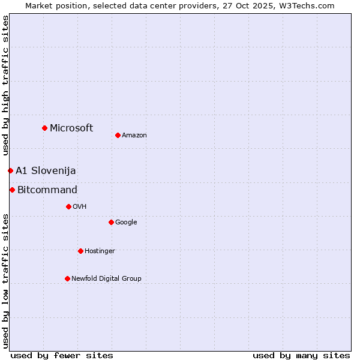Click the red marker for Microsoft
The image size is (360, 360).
pos(44,128)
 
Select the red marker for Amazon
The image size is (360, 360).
pos(118,135)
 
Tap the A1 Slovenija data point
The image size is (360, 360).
pos(10,170)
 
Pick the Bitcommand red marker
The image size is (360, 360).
pos(12,190)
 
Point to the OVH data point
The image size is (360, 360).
pos(68,206)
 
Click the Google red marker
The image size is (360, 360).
pos(111,222)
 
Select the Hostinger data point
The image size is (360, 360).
pos(80,251)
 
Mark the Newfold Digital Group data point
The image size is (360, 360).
pos(67,278)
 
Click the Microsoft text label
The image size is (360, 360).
pos(71,128)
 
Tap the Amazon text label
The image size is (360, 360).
pos(134,136)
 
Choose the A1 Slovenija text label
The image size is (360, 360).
pos(46,171)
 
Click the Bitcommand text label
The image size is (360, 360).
pos(47,190)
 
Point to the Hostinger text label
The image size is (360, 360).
pos(100,251)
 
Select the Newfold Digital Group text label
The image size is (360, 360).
pos(106,278)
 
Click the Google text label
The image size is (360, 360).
pos(126,223)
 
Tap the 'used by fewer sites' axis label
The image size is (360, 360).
pos(62,355)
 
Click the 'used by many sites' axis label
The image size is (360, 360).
pos(301,355)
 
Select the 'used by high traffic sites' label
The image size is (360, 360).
pos(5,85)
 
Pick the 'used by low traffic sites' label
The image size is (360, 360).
pos(5,281)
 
